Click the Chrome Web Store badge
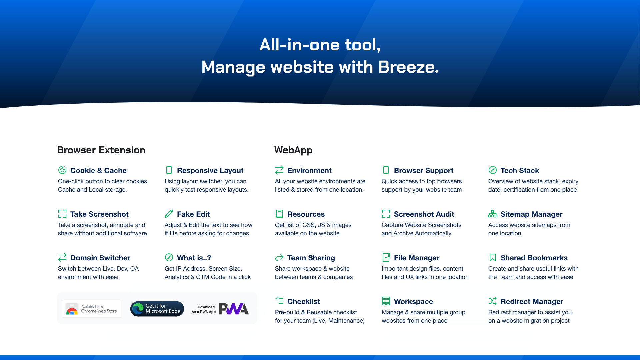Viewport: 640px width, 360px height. pos(92,309)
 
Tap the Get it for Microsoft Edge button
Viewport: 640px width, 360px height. pos(157,309)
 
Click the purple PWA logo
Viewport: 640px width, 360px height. pos(234,309)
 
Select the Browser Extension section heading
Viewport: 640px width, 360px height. pos(101,150)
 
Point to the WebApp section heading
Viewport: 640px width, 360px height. pos(293,150)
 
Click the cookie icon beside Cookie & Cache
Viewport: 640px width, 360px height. pos(62,170)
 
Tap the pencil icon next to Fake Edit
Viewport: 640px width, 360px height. pos(169,214)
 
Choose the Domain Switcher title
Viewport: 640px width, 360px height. pos(100,258)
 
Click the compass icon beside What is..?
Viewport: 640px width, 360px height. pos(169,257)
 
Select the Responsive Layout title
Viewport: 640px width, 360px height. pos(210,170)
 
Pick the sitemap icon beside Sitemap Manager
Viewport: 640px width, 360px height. pos(493,214)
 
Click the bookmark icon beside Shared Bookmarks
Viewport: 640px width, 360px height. pos(493,257)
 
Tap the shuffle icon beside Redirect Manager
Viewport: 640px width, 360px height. pos(493,301)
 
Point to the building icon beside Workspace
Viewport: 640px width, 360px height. pos(386,301)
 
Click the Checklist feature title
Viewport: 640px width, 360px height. pos(304,301)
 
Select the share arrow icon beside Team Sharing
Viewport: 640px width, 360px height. pos(279,257)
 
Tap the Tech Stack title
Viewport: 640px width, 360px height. pos(520,170)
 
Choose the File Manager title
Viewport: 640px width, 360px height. pos(417,258)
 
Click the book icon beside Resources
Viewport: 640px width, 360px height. pos(279,214)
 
